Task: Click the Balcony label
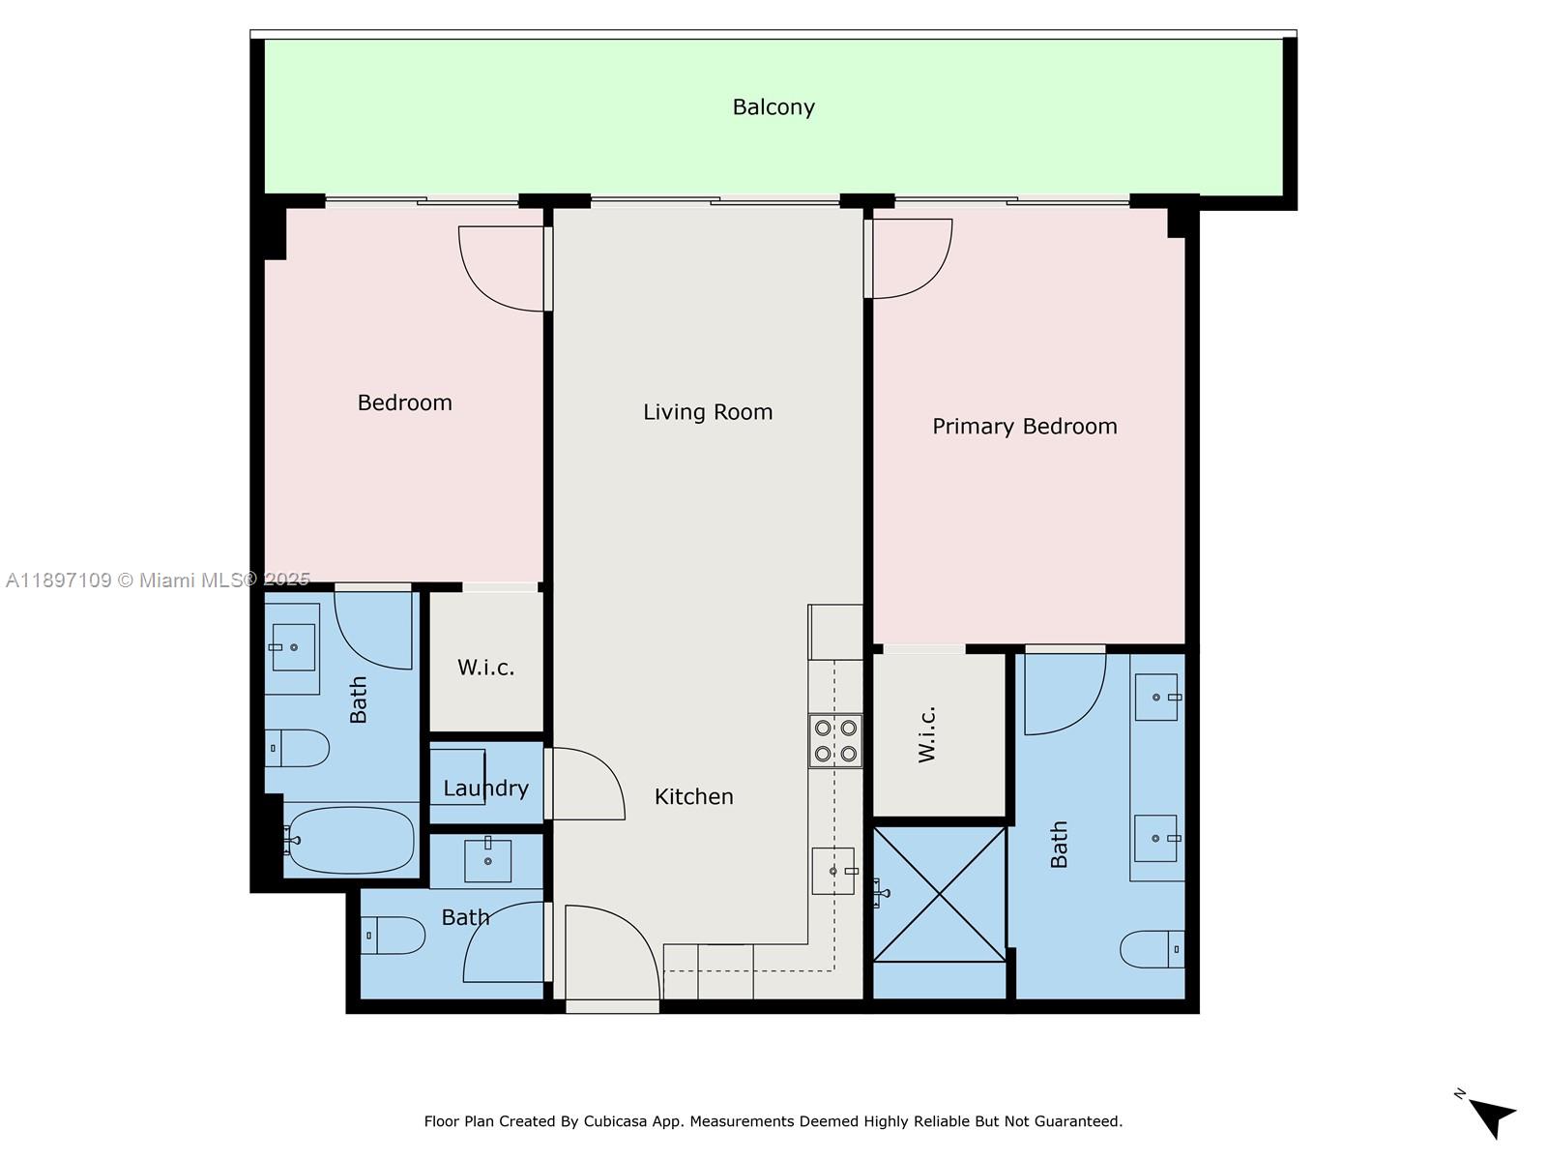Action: [x=773, y=107]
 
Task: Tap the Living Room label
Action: [x=708, y=412]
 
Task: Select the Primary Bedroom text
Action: [x=1024, y=427]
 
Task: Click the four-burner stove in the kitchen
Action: [x=835, y=741]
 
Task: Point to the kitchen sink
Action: [x=832, y=871]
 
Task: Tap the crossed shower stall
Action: [x=939, y=894]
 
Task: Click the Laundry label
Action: [x=485, y=789]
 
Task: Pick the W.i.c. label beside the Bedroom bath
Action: [x=485, y=668]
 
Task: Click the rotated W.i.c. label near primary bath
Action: [x=927, y=734]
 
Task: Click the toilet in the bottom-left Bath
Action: [x=394, y=936]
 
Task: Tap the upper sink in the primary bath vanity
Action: [x=1156, y=698]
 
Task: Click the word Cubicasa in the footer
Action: [x=619, y=1121]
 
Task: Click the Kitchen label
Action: [x=693, y=797]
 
